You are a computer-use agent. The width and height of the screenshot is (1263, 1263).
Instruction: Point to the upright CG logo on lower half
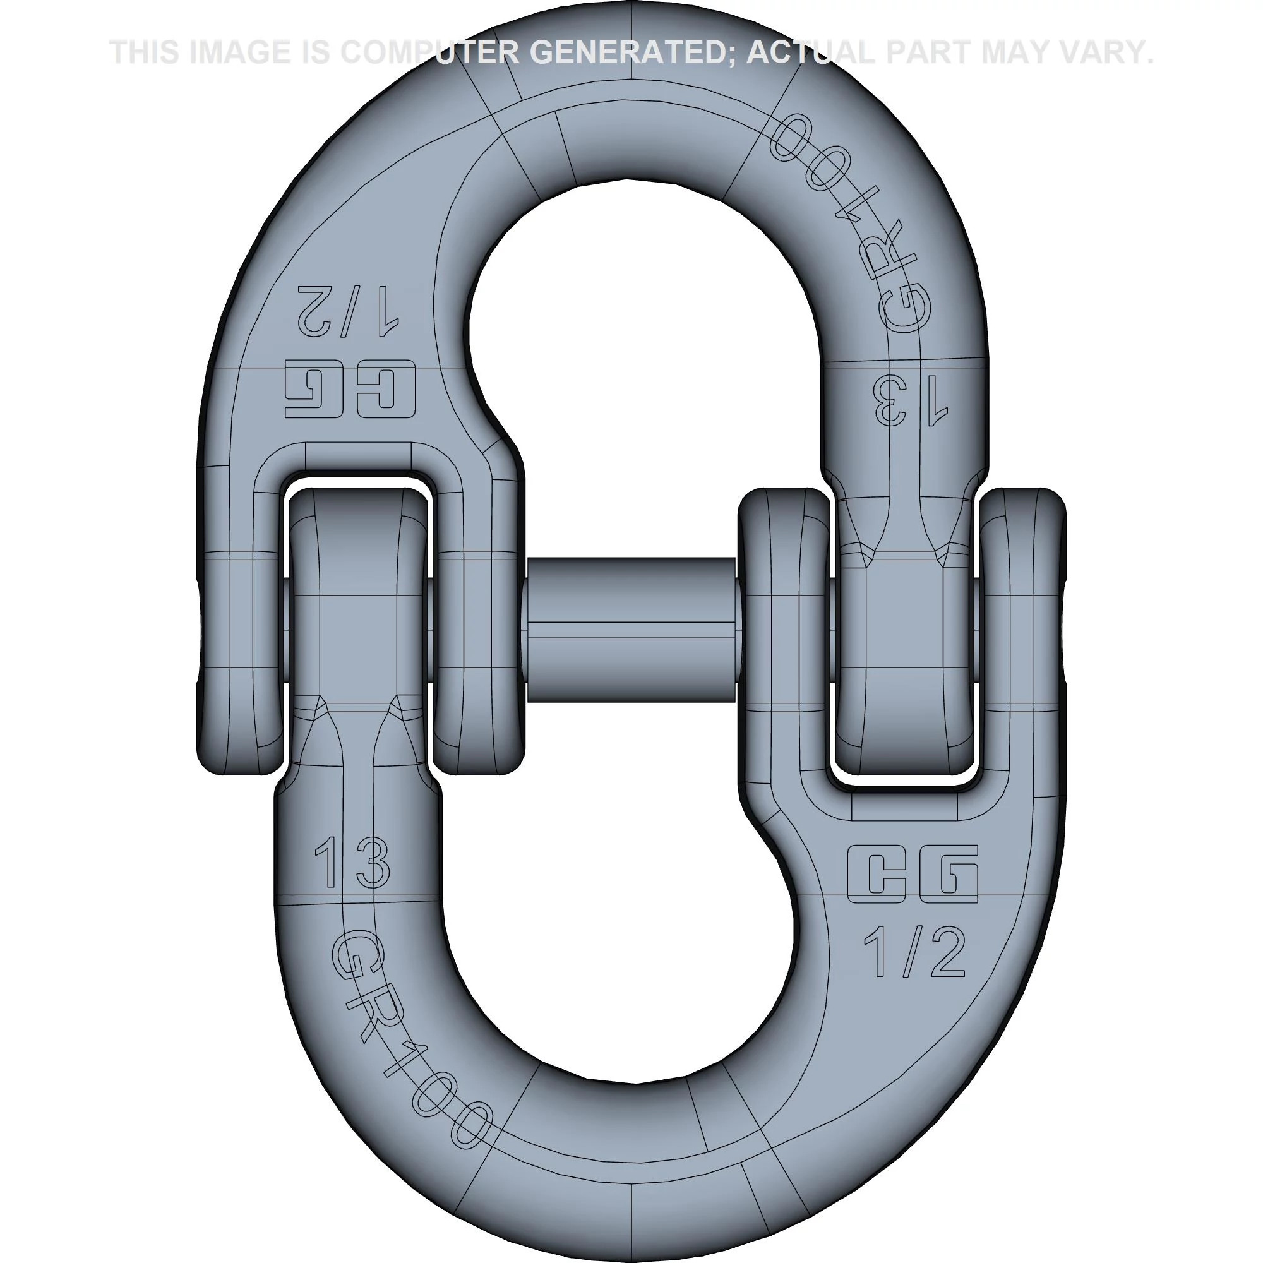913,874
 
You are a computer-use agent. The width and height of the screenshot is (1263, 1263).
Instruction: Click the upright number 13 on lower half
352,863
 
